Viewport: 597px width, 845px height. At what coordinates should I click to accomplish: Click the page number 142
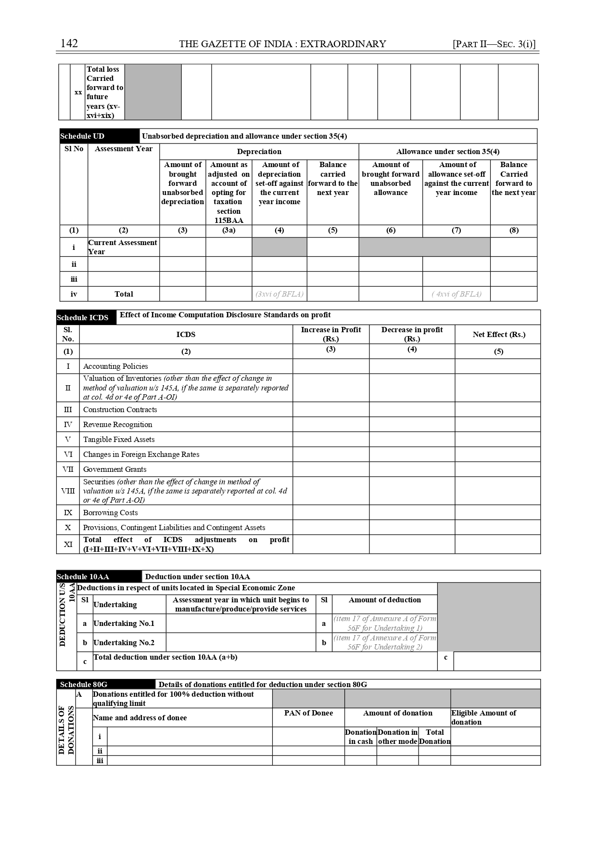(x=69, y=44)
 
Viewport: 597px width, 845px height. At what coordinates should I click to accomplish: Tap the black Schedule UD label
(x=82, y=136)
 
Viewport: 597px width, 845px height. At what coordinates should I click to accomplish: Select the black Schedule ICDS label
(x=82, y=318)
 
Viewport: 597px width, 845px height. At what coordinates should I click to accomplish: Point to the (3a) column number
(x=229, y=231)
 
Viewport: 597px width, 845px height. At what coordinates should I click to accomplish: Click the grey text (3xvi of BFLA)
(x=279, y=294)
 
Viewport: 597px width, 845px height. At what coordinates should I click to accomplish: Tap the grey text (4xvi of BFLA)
(x=456, y=294)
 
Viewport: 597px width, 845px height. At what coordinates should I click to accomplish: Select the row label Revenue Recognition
(x=117, y=425)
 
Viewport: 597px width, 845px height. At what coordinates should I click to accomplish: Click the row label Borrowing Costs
(x=110, y=513)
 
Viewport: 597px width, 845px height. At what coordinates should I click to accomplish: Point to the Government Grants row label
(x=114, y=469)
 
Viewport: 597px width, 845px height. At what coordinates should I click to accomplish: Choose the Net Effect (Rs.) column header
(x=498, y=335)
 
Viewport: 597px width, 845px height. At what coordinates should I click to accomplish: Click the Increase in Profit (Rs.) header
(x=331, y=334)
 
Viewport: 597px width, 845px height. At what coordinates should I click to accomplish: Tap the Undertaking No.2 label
(x=124, y=643)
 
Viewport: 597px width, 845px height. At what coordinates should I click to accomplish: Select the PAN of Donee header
(x=308, y=713)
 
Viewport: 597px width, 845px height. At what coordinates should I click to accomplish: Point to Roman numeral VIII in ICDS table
(x=68, y=491)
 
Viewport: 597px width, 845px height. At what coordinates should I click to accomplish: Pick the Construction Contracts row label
(x=120, y=410)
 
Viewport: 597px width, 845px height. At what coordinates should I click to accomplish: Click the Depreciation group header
(x=259, y=152)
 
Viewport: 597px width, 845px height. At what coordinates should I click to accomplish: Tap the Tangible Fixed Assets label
(x=119, y=440)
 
